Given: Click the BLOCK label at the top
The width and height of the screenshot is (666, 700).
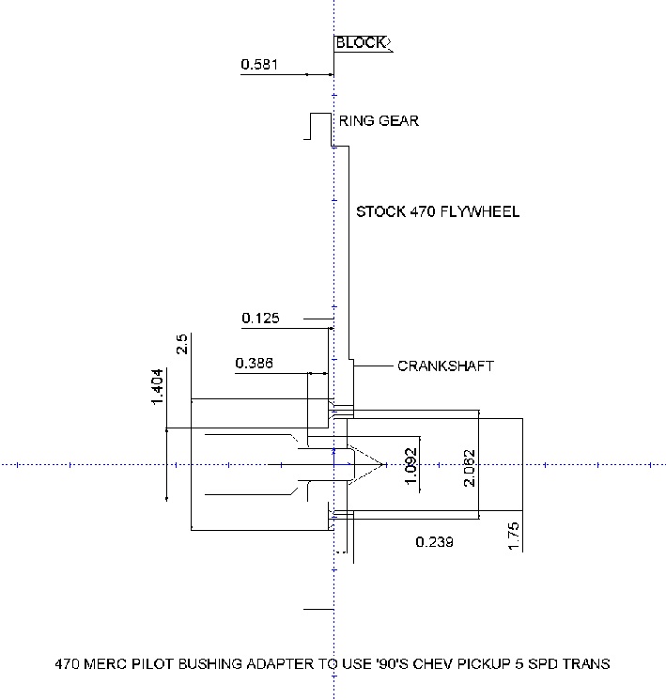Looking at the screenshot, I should click(360, 43).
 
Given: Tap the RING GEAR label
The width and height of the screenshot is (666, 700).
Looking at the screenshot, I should click(379, 121).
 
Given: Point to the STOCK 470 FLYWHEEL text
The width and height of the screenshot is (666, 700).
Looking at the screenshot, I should click(437, 212).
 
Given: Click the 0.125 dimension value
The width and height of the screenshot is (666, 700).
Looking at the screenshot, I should click(260, 319).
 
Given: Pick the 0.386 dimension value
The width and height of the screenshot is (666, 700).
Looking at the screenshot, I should click(255, 363).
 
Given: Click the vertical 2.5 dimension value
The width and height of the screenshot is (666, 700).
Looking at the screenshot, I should click(182, 344).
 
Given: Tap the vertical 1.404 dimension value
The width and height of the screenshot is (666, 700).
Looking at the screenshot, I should click(158, 386).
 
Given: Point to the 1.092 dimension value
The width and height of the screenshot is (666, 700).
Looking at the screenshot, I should click(410, 465).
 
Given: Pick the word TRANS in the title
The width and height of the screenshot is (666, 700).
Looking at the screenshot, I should click(587, 664).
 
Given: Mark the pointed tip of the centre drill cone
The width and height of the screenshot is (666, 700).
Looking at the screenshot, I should click(384, 464).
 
